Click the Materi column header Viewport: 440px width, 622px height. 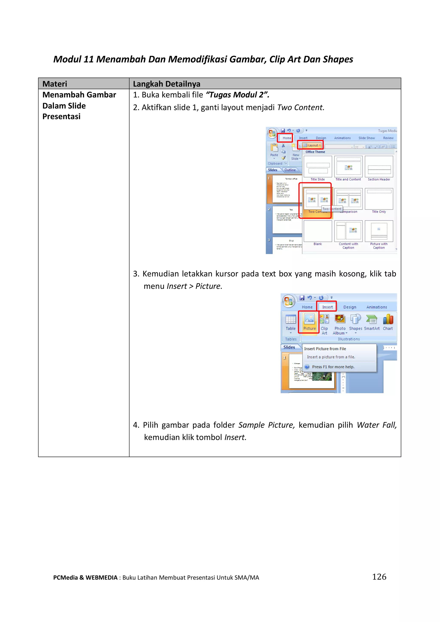pyautogui.click(x=55, y=84)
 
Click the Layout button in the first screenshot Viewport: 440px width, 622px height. pyautogui.click(x=312, y=145)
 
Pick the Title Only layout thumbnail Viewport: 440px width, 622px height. pyautogui.click(x=379, y=199)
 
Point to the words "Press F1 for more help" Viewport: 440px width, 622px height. pyautogui.click(x=333, y=367)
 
